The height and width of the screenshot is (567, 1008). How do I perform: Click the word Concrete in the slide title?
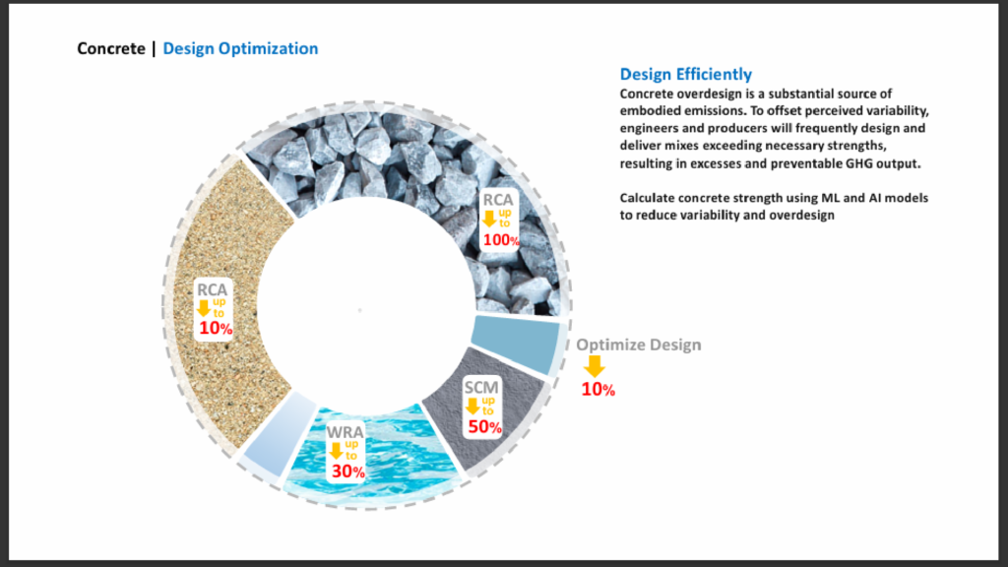click(x=111, y=49)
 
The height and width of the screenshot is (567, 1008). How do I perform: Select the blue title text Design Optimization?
click(x=240, y=49)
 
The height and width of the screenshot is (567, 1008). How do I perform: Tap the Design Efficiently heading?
click(x=686, y=74)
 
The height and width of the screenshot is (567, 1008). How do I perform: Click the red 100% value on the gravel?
click(x=501, y=240)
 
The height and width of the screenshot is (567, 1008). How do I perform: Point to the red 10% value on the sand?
click(x=216, y=329)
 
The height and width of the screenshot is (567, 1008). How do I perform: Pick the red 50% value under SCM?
click(x=484, y=427)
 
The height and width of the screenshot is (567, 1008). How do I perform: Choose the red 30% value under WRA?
click(x=348, y=472)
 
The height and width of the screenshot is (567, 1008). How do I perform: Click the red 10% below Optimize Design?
click(x=598, y=390)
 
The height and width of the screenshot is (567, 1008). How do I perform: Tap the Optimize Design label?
click(x=638, y=345)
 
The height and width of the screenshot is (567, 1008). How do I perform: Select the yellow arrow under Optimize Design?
click(x=595, y=366)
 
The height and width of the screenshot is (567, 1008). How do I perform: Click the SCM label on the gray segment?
click(x=481, y=387)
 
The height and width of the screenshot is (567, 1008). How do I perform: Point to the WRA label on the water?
click(x=346, y=432)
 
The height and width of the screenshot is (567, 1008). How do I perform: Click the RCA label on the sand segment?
click(x=213, y=289)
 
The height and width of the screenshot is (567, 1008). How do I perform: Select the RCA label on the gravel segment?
click(x=498, y=199)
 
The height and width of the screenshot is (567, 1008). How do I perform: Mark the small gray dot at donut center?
click(x=360, y=310)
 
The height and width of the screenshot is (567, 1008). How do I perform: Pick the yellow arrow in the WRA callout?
click(x=336, y=451)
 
